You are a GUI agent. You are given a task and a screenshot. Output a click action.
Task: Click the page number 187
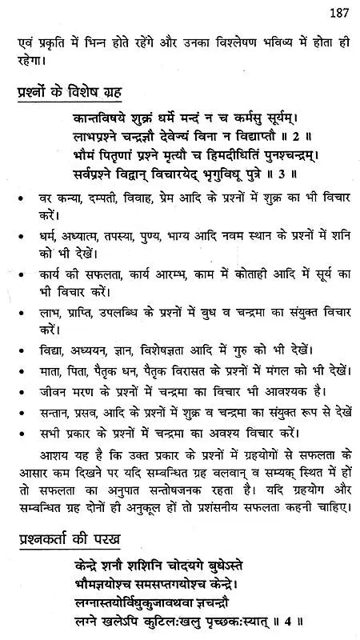(334, 10)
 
